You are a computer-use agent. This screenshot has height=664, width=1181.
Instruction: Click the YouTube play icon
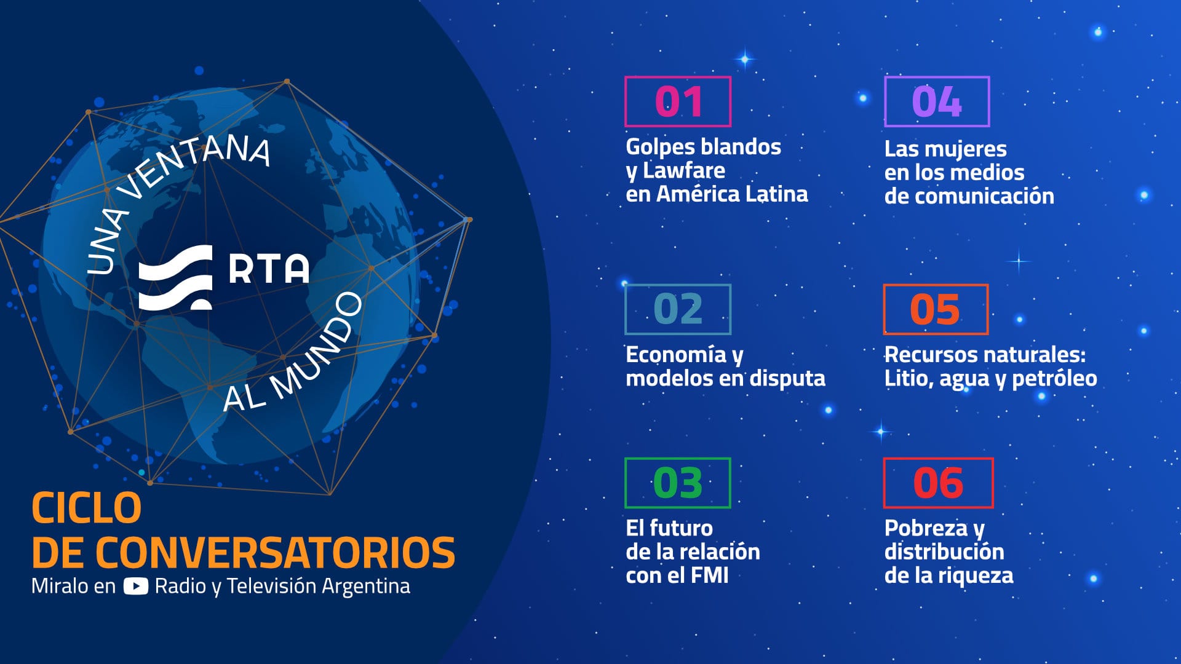[135, 586]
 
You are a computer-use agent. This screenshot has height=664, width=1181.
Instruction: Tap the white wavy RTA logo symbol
[175, 277]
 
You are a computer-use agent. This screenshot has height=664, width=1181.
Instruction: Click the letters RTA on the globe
[269, 269]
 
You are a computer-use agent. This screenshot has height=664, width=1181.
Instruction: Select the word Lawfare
[684, 170]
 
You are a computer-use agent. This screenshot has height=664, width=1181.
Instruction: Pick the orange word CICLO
[86, 508]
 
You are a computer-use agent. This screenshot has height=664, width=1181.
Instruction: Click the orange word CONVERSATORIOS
[276, 552]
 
